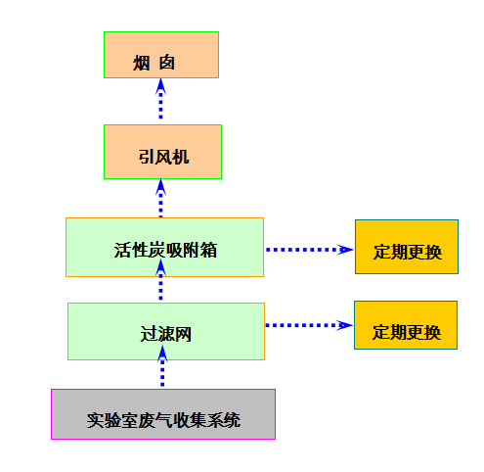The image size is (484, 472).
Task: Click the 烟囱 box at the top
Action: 161,55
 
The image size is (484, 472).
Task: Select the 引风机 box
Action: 162,152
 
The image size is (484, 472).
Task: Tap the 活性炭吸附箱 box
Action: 164,247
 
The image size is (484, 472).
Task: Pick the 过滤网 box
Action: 166,331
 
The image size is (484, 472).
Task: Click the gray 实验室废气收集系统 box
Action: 163,414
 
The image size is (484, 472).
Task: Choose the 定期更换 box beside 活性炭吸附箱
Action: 407,247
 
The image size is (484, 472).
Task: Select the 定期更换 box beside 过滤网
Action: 406,325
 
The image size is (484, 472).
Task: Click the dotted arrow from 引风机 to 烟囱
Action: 160,99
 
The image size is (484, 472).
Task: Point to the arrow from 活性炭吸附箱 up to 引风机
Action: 160,198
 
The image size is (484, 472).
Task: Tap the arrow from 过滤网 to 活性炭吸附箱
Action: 160,280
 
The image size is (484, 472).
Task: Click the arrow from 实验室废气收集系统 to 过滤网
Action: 162,366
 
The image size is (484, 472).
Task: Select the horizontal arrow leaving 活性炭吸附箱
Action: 310,250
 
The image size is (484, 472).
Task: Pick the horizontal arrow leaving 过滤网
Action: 309,325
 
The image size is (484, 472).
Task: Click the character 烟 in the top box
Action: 141,63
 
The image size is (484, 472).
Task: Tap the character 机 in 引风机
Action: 181,157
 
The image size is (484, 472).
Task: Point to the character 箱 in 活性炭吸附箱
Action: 209,251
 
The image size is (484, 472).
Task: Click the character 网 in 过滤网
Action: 183,334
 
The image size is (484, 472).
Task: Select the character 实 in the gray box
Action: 95,420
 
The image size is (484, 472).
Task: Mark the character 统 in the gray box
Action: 232,420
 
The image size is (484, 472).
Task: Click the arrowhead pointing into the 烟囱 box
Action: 160,86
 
